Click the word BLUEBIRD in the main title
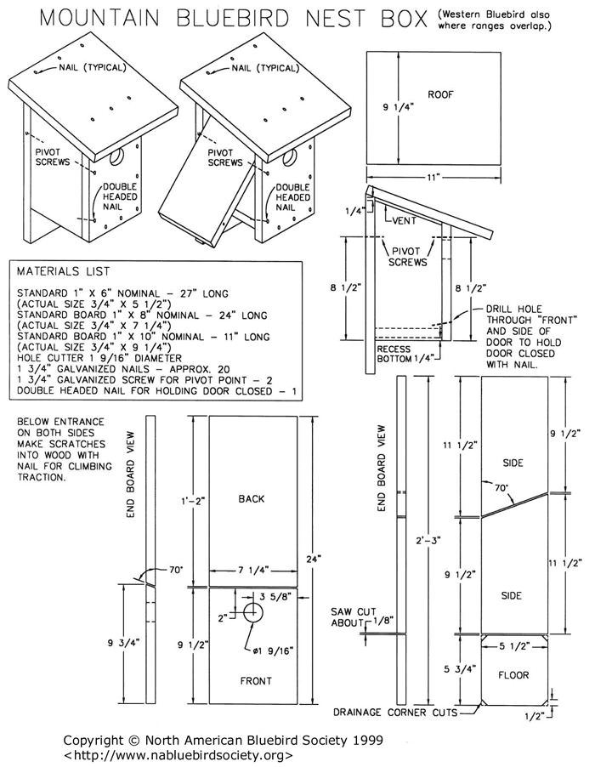tap(256, 18)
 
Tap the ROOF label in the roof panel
tap(440, 94)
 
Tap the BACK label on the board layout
tap(252, 499)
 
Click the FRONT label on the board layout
tap(255, 680)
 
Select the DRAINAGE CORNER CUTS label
tap(395, 712)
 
